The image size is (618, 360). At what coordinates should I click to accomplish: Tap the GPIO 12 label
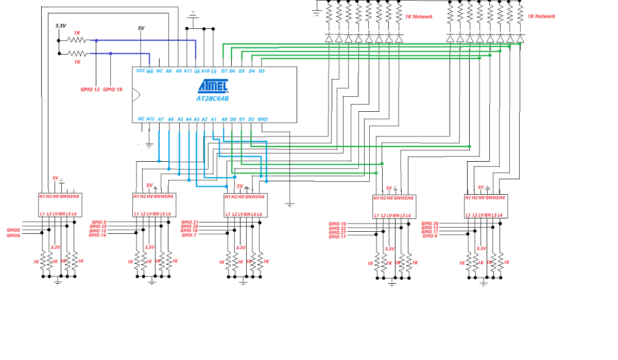(x=90, y=90)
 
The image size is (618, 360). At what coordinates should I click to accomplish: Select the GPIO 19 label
(x=113, y=90)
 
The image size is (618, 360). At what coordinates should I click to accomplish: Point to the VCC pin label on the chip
(x=140, y=71)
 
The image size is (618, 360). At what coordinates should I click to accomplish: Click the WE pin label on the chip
(x=150, y=71)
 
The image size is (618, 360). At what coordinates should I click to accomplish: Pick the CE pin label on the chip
(x=214, y=71)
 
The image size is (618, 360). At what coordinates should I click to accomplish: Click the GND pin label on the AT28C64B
(x=263, y=119)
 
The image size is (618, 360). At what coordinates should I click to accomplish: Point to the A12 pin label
(x=150, y=119)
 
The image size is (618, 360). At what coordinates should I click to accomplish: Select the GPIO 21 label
(x=190, y=222)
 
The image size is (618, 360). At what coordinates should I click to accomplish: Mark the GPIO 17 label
(x=337, y=237)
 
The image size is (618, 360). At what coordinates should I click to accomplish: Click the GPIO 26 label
(x=430, y=224)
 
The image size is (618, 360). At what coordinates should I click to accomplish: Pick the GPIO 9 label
(x=430, y=236)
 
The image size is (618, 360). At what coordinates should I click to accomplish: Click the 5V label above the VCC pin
(x=141, y=28)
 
